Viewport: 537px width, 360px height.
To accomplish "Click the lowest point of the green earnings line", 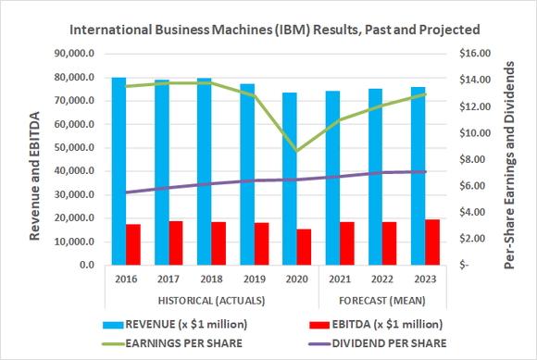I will (x=296, y=151).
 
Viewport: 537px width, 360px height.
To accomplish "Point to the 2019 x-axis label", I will (x=254, y=279).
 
